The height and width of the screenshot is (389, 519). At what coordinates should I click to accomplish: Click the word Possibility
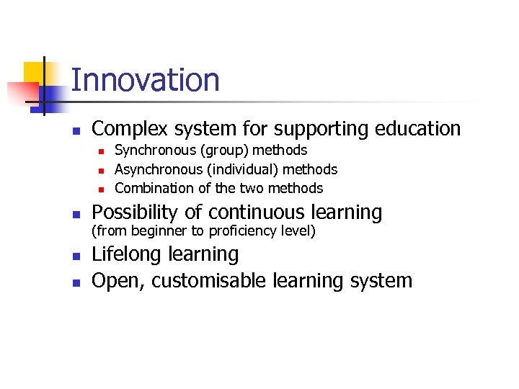click(133, 213)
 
